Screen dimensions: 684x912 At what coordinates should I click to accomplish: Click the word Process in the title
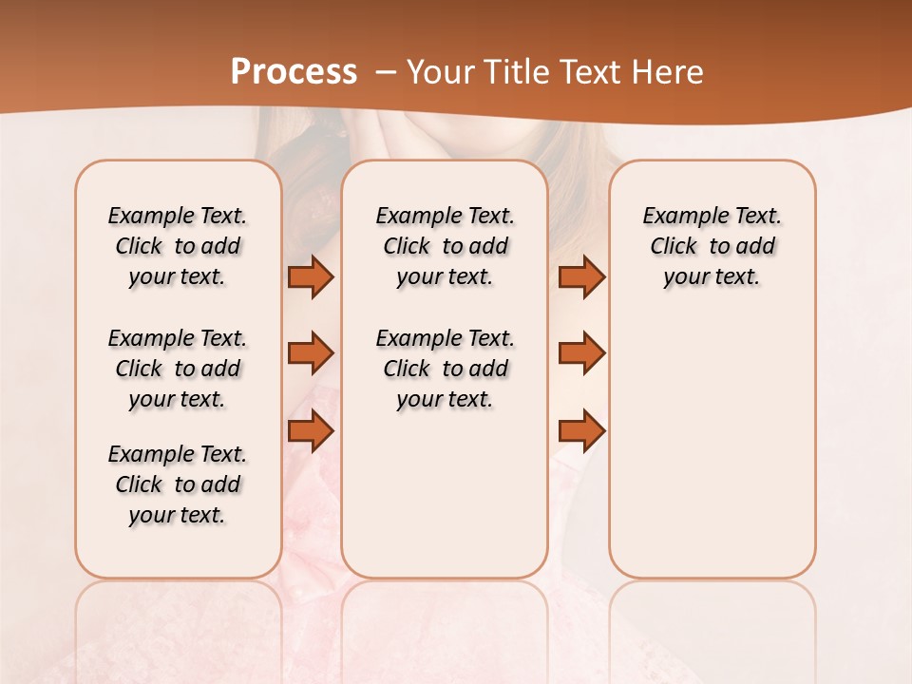click(x=294, y=71)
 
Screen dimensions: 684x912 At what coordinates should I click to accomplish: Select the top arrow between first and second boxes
click(x=311, y=276)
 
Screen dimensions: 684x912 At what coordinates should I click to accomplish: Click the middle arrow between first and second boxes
click(x=311, y=353)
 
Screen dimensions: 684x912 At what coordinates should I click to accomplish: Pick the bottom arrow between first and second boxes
click(x=311, y=430)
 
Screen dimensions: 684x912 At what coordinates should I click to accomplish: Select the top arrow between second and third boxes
click(x=581, y=276)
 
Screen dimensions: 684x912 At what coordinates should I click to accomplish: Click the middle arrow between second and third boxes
click(x=581, y=353)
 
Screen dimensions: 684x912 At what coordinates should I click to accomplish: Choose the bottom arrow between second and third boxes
click(x=581, y=430)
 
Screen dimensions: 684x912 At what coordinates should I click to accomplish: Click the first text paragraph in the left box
click(x=178, y=246)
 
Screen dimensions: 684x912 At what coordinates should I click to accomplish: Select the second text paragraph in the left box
click(x=178, y=369)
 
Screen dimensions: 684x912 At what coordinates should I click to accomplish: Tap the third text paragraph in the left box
click(x=178, y=484)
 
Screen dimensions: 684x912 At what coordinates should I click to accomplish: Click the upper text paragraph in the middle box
click(x=445, y=246)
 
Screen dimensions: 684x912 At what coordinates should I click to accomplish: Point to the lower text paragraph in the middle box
click(x=445, y=369)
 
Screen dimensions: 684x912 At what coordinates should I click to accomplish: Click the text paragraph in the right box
click(x=712, y=246)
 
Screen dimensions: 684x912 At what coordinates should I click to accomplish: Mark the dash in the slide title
click(x=386, y=72)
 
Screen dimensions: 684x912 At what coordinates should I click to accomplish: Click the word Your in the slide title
click(x=436, y=72)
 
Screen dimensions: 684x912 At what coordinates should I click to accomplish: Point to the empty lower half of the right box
click(x=712, y=456)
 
